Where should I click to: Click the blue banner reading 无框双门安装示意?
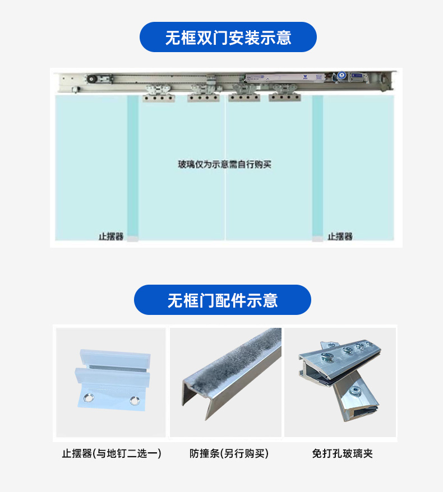(x=228, y=38)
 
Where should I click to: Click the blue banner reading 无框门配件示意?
(x=222, y=300)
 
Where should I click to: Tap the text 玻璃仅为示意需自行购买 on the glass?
(x=224, y=165)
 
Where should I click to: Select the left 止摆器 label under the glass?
(x=111, y=236)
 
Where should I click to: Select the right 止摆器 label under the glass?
(x=340, y=236)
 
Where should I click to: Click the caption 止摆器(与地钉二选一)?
(x=112, y=453)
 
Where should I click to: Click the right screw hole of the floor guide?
(x=134, y=400)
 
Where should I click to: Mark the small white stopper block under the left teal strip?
(x=132, y=239)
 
